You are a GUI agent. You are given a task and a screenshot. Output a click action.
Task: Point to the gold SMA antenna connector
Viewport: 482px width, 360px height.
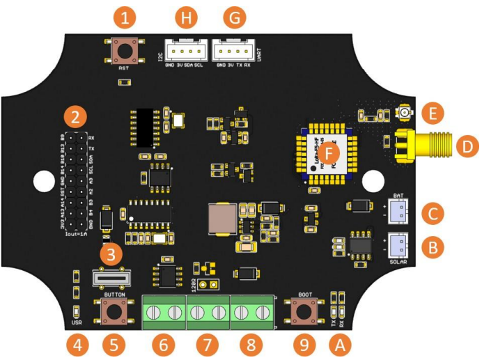418,146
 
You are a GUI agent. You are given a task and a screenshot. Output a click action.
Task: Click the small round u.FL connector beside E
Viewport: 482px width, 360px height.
404,112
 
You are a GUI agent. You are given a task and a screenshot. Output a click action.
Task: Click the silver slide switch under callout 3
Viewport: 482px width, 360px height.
113,279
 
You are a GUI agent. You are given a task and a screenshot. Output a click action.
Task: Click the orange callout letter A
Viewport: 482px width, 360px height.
341,343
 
